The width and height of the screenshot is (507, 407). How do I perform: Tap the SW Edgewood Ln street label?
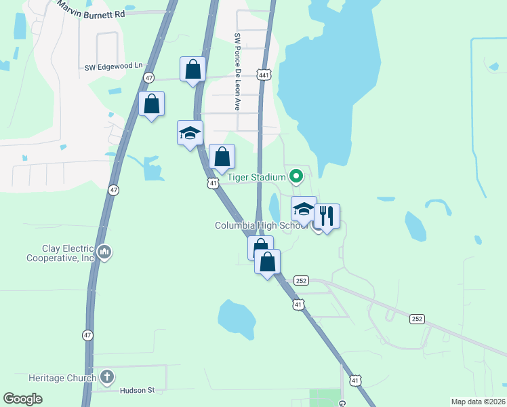click(115, 66)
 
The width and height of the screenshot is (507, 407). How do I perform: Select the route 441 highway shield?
click(264, 75)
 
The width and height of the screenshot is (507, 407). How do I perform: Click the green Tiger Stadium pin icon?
click(296, 177)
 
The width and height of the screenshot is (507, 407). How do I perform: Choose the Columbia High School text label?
click(262, 226)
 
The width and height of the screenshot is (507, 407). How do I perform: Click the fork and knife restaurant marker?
click(327, 216)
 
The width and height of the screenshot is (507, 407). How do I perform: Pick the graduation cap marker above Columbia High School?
click(304, 209)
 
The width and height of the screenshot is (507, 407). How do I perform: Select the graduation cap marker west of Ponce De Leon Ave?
click(190, 133)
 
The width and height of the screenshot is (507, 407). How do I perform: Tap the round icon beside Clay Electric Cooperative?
click(104, 252)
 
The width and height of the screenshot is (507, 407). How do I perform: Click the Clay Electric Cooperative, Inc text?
click(60, 253)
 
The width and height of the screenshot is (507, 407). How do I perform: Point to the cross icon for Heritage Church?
click(106, 376)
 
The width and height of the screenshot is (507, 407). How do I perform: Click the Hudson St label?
click(138, 390)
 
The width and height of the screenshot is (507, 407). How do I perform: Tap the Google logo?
click(22, 399)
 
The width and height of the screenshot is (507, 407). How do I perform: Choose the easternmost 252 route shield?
click(417, 317)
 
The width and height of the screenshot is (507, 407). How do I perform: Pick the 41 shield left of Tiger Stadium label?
click(213, 183)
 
